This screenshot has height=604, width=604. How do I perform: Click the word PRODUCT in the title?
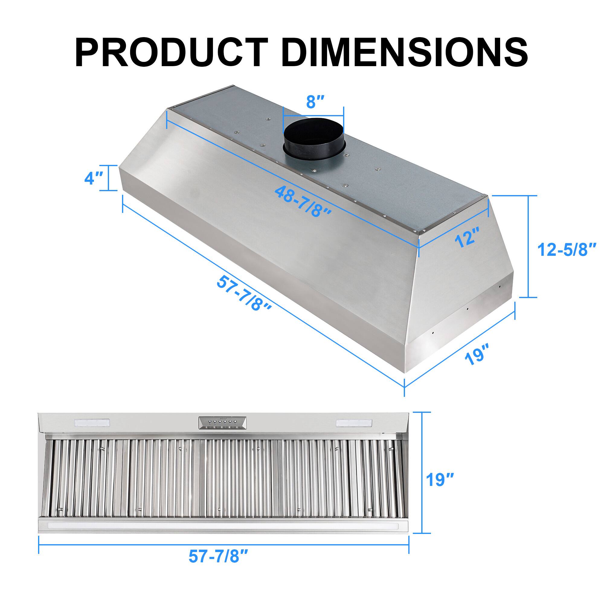[x=172, y=52]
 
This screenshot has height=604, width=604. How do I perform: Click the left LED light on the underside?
[x=92, y=423]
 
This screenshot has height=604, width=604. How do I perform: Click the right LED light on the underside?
[x=354, y=423]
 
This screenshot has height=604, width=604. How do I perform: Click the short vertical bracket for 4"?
[x=109, y=178]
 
